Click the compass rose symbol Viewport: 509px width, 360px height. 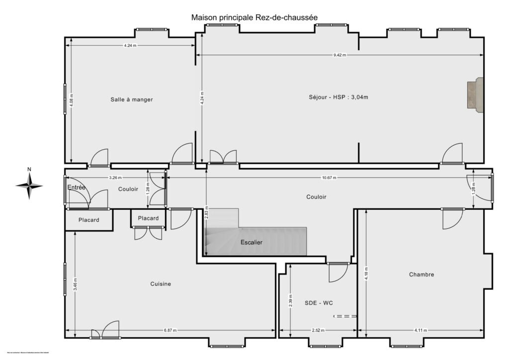coord(29,185)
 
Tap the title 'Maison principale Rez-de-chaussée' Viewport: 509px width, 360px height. coord(254,17)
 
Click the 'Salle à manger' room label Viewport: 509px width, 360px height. coord(132,99)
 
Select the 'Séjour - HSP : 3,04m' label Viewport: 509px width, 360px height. coord(338,97)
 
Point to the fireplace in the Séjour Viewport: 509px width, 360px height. coord(475,95)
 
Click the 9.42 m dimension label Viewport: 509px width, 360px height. coord(339,55)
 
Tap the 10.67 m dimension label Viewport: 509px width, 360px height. coord(329,178)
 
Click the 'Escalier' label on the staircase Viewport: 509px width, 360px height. coord(251,242)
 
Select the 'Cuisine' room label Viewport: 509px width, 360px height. coord(161,284)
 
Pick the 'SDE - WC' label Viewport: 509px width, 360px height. coord(319,302)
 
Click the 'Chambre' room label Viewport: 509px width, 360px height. coord(422,274)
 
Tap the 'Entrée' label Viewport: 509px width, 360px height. coord(77,187)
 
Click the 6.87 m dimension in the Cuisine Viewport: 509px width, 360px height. coord(170,330)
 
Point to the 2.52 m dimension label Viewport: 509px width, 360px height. coord(318,330)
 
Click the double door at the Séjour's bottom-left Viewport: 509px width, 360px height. coord(223,157)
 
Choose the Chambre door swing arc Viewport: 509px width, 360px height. coord(452,219)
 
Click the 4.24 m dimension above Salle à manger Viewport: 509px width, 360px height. coord(131,46)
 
